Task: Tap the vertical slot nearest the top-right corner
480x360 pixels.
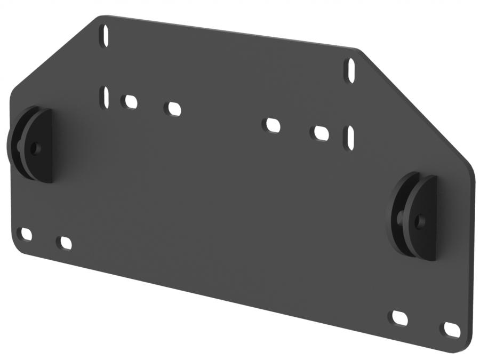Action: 352,70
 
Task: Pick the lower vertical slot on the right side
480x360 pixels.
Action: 349,138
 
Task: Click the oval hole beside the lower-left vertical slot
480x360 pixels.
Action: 129,101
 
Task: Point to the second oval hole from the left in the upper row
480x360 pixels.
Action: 173,108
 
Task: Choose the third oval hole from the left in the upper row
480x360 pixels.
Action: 272,125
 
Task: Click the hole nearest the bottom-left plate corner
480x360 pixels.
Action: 25,234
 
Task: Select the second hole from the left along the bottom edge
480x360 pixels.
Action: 64,243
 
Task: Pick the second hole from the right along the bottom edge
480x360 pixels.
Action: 400,318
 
